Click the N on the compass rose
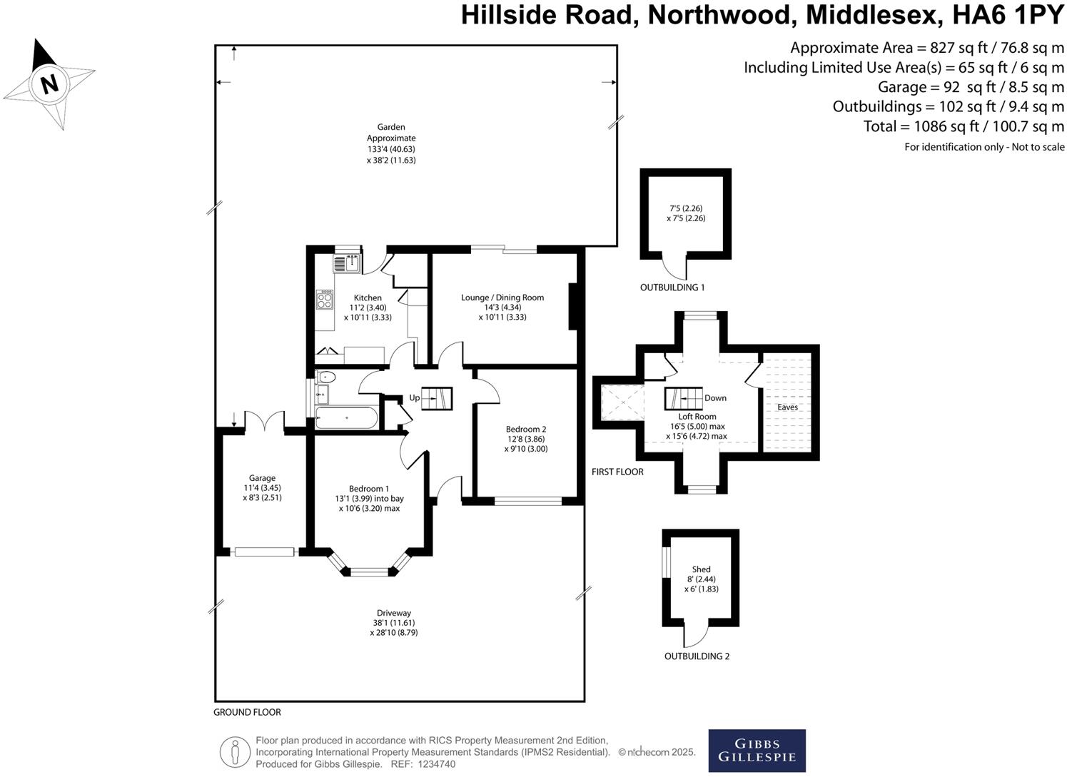49,84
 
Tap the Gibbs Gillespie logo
757,751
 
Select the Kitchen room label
368,298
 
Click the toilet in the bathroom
326,377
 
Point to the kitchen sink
347,263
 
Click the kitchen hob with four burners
325,300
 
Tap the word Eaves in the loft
787,407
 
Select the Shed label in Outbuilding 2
701,569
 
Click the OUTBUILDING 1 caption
672,288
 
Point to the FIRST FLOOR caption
617,472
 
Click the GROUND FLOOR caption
247,712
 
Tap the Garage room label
262,478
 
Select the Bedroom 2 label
525,429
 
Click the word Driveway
394,613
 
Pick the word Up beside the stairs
414,397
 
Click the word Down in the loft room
715,398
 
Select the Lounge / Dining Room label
502,298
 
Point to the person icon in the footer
235,752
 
